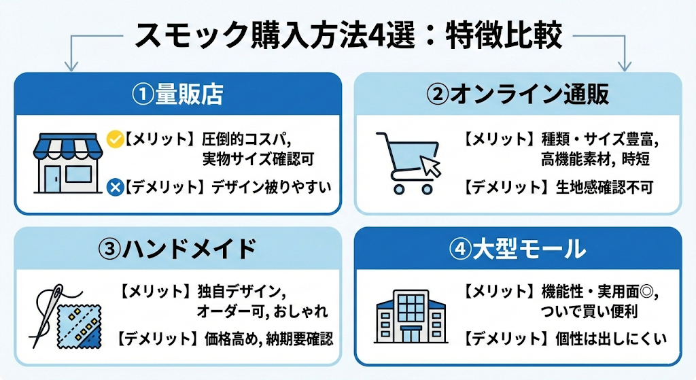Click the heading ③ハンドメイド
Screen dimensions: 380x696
coord(177,249)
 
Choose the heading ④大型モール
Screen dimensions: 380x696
coord(517,249)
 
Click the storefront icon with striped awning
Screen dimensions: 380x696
coord(66,162)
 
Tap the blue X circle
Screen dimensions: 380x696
coord(115,186)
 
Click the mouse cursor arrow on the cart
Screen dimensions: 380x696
coord(430,166)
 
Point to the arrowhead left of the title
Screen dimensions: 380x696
coord(68,66)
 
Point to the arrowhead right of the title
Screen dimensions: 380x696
coord(625,66)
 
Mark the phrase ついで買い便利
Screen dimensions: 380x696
coord(589,312)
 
